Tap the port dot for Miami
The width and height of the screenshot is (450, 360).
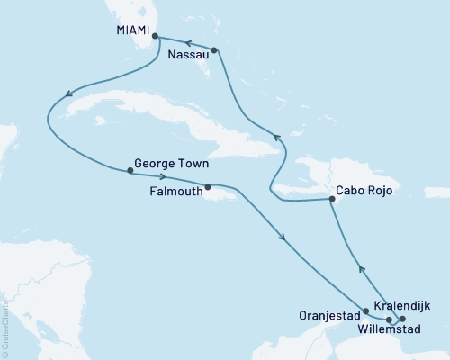click(156, 37)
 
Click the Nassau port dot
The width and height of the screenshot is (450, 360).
click(214, 50)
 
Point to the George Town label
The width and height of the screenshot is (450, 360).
click(171, 166)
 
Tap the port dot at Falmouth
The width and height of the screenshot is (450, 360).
click(208, 188)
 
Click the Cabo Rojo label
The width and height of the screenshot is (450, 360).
click(364, 191)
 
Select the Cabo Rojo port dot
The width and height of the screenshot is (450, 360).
click(331, 200)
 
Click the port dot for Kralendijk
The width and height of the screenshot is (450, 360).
click(402, 319)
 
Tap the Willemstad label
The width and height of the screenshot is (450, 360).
click(394, 330)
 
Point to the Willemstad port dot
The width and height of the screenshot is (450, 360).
click(389, 319)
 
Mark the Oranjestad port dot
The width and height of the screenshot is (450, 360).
click(364, 312)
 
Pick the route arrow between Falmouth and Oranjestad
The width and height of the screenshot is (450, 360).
click(284, 238)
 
